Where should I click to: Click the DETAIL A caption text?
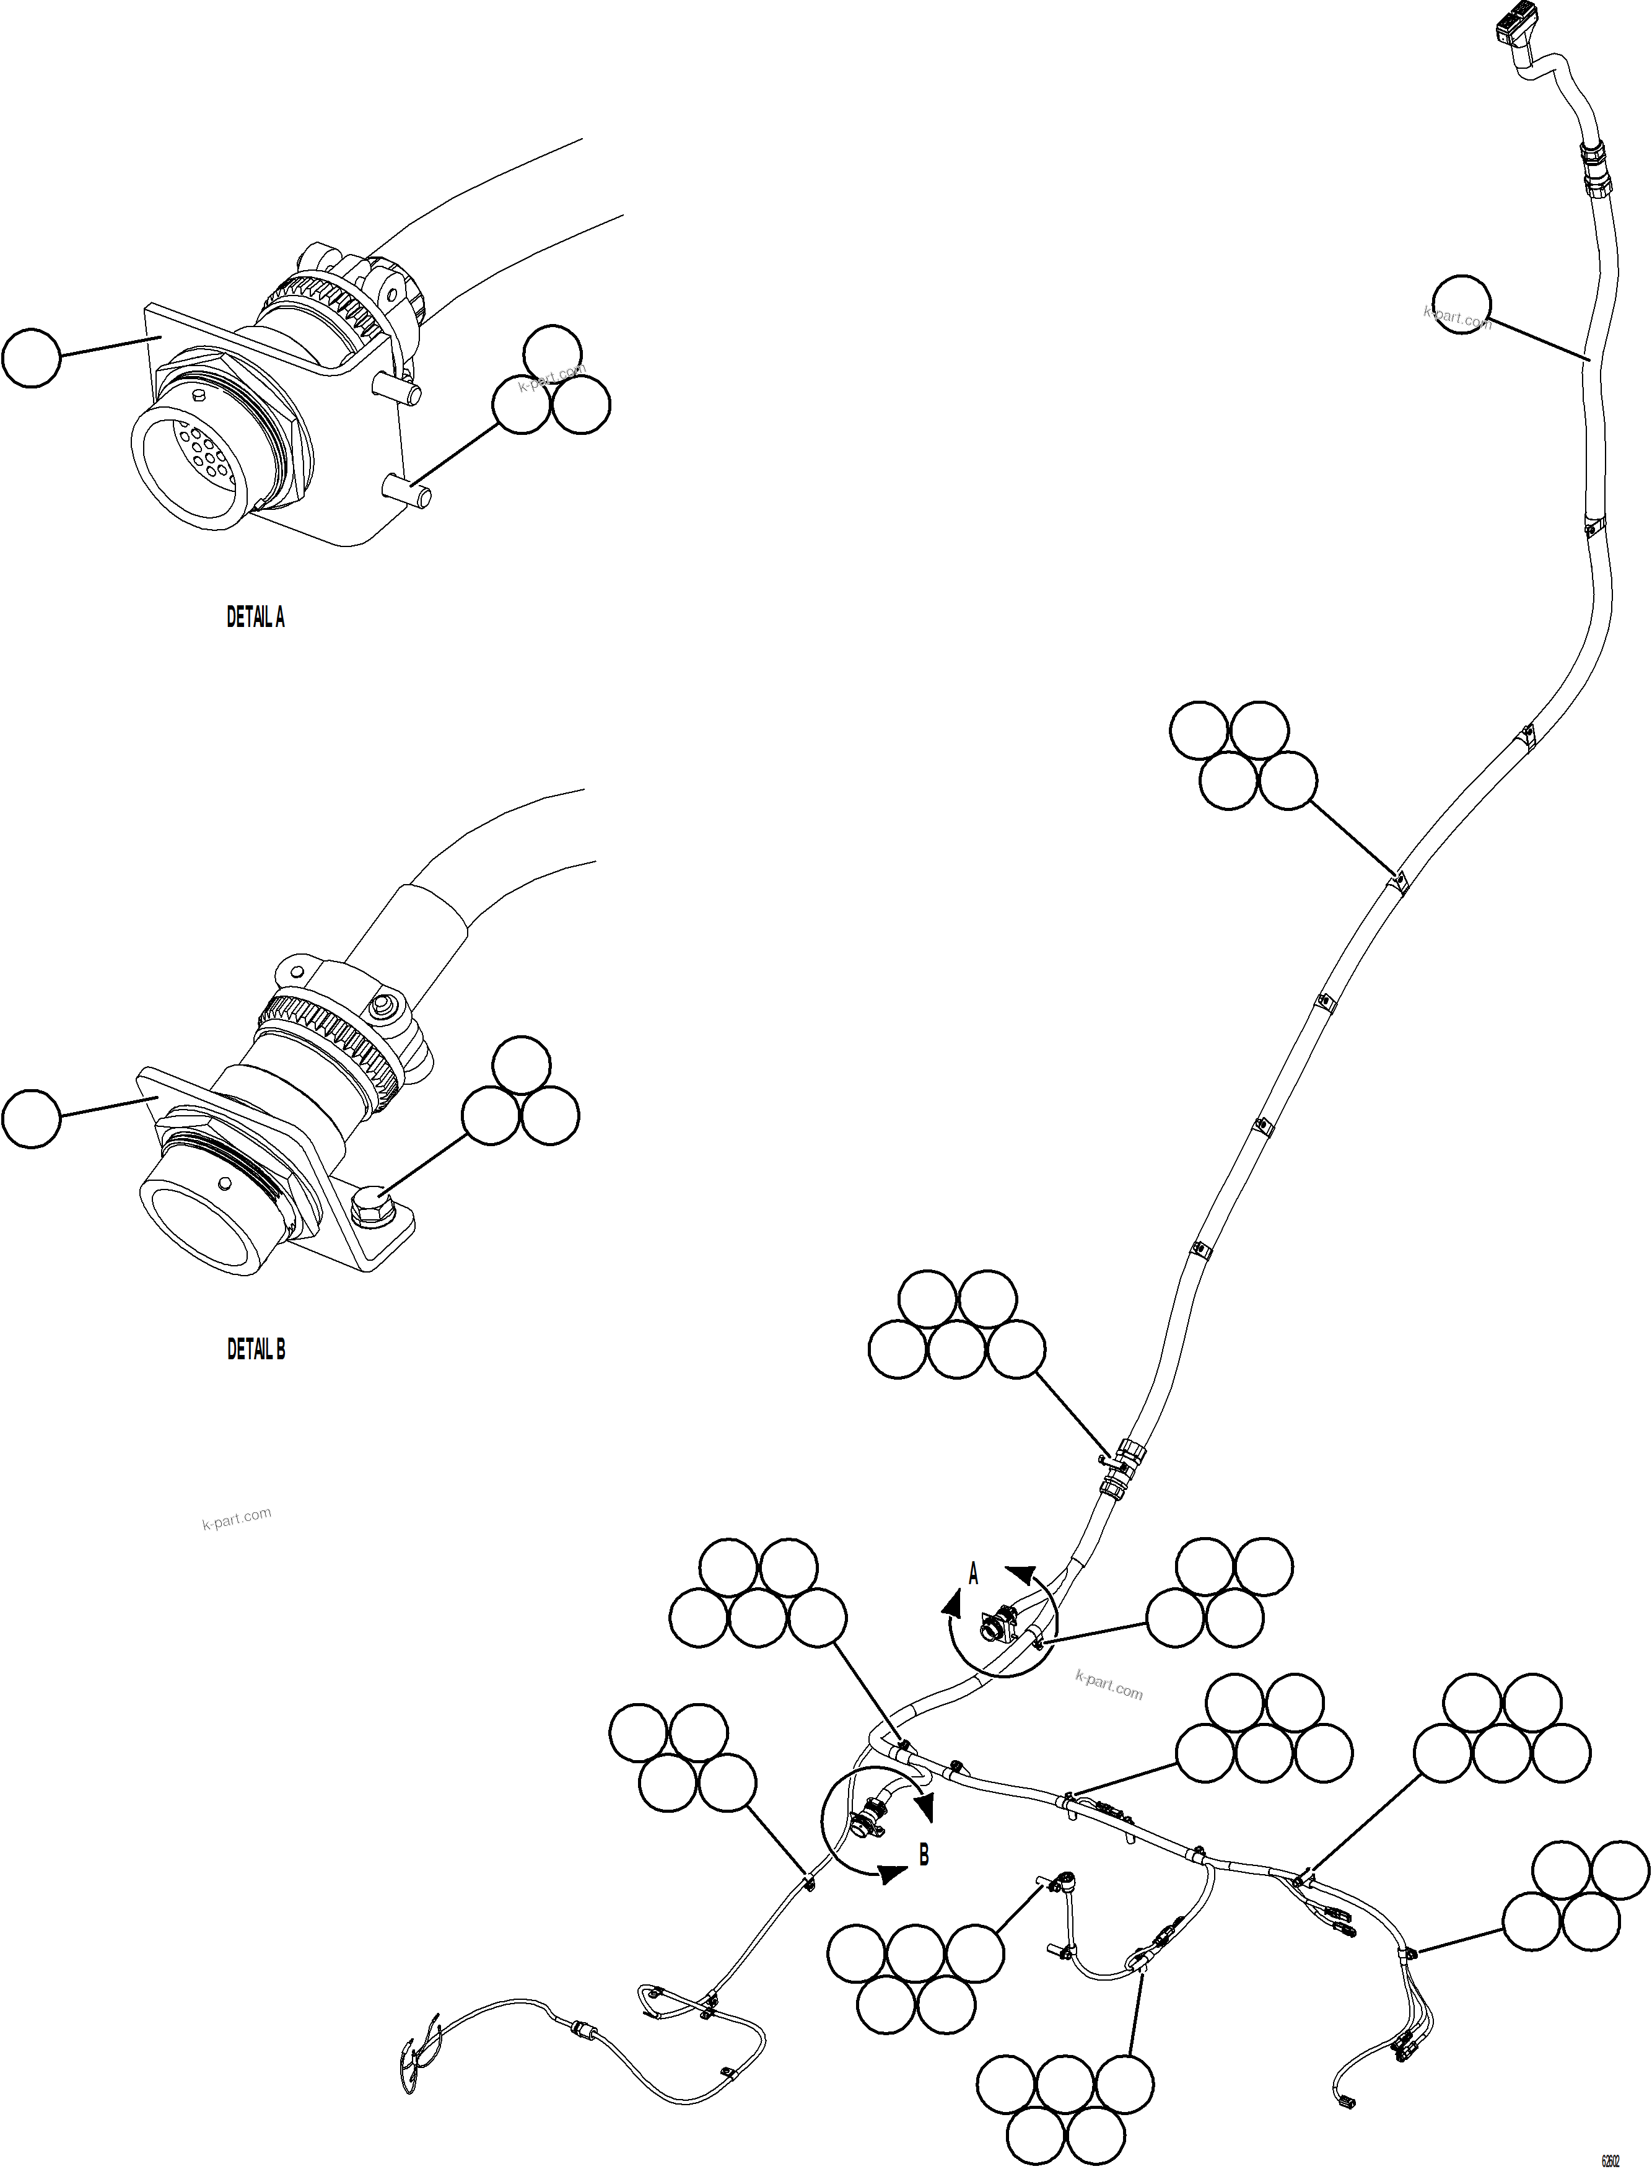coord(256,618)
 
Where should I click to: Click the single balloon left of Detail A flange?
coord(32,359)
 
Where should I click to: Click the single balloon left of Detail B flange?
coord(32,1117)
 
